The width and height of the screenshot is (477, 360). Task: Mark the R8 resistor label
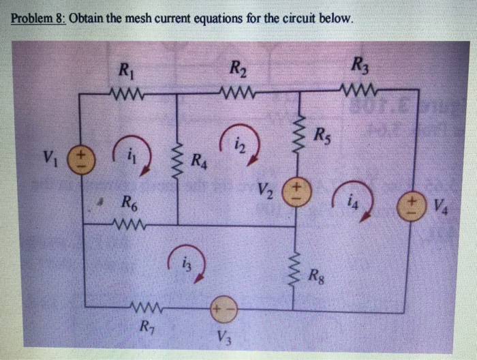(x=317, y=276)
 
